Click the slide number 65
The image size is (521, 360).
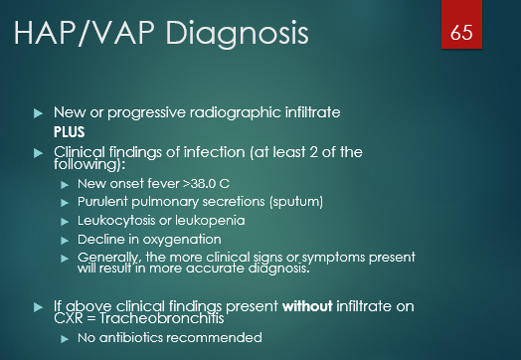coord(460,33)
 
